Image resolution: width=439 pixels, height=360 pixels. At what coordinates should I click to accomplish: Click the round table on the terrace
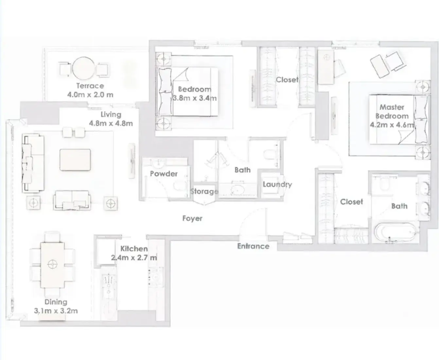pos(84,68)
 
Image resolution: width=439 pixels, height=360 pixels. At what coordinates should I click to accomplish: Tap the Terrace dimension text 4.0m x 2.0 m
pos(90,95)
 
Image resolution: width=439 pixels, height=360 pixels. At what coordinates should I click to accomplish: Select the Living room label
pos(111,115)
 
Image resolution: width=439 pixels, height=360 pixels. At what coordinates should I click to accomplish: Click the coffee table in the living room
pos(75,160)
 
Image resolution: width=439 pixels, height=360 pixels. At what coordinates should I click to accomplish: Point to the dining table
pos(52,265)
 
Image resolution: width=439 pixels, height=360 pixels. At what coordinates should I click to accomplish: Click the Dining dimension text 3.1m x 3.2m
pos(56,311)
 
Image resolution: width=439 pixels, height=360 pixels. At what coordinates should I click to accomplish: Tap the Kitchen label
pos(134,249)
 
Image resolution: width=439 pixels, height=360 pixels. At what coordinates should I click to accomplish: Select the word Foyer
pos(192,218)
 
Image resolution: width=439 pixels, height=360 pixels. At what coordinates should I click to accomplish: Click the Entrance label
pos(253,246)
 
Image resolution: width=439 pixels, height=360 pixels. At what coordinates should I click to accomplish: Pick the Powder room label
pos(164,174)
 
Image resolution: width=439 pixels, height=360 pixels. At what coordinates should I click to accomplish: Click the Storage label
pos(204,191)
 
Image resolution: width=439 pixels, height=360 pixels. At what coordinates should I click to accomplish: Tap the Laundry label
pos(277,185)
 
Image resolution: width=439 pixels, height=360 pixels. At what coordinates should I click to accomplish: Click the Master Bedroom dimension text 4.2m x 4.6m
pos(392,125)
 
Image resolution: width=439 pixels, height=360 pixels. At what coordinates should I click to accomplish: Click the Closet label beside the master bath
pos(352,202)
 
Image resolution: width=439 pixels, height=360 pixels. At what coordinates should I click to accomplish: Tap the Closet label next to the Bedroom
pos(287,80)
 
